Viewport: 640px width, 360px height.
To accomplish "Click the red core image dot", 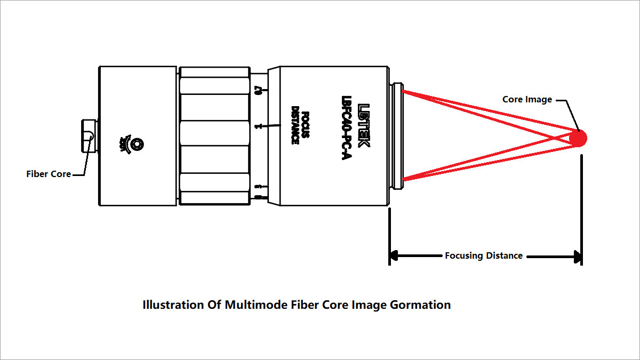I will coord(578,139).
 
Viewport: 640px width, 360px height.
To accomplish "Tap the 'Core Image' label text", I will coord(527,99).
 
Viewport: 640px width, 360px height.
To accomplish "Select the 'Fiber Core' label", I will coord(49,174).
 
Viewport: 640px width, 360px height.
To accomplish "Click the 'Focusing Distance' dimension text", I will coord(484,255).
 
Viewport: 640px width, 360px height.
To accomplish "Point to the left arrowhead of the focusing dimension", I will coord(395,256).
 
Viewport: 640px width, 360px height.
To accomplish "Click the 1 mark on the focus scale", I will coord(258,126).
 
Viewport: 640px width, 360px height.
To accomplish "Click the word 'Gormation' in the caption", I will coord(421,305).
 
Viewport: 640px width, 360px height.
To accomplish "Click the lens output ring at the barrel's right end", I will coord(398,136).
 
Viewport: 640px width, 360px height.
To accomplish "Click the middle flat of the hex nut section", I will coord(215,136).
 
